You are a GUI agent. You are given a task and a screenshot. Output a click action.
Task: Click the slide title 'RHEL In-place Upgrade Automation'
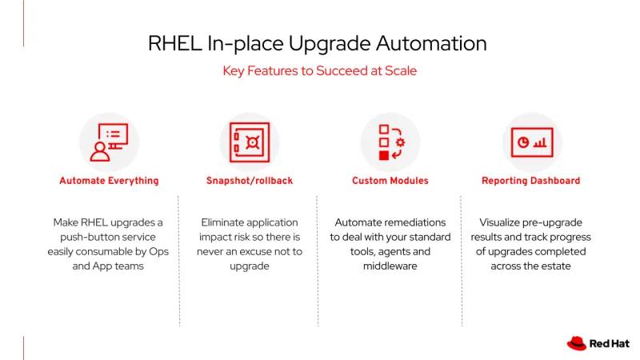pyautogui.click(x=317, y=43)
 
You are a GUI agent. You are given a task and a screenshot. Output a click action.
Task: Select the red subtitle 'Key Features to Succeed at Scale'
pyautogui.click(x=319, y=71)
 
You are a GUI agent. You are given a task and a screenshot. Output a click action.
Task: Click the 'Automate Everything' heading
pyautogui.click(x=109, y=181)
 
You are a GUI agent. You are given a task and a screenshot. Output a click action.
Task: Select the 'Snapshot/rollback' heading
pyautogui.click(x=250, y=181)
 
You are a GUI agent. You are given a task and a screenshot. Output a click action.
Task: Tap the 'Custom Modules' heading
pyautogui.click(x=390, y=181)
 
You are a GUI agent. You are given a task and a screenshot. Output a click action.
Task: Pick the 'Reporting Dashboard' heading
pyautogui.click(x=531, y=181)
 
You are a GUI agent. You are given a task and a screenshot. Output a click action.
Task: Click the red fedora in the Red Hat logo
pyautogui.click(x=577, y=343)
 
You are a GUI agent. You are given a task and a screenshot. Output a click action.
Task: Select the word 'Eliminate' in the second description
pyautogui.click(x=225, y=222)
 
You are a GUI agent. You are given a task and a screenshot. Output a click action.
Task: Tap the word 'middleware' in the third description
pyautogui.click(x=390, y=266)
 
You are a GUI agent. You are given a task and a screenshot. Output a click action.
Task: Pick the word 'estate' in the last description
pyautogui.click(x=554, y=266)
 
